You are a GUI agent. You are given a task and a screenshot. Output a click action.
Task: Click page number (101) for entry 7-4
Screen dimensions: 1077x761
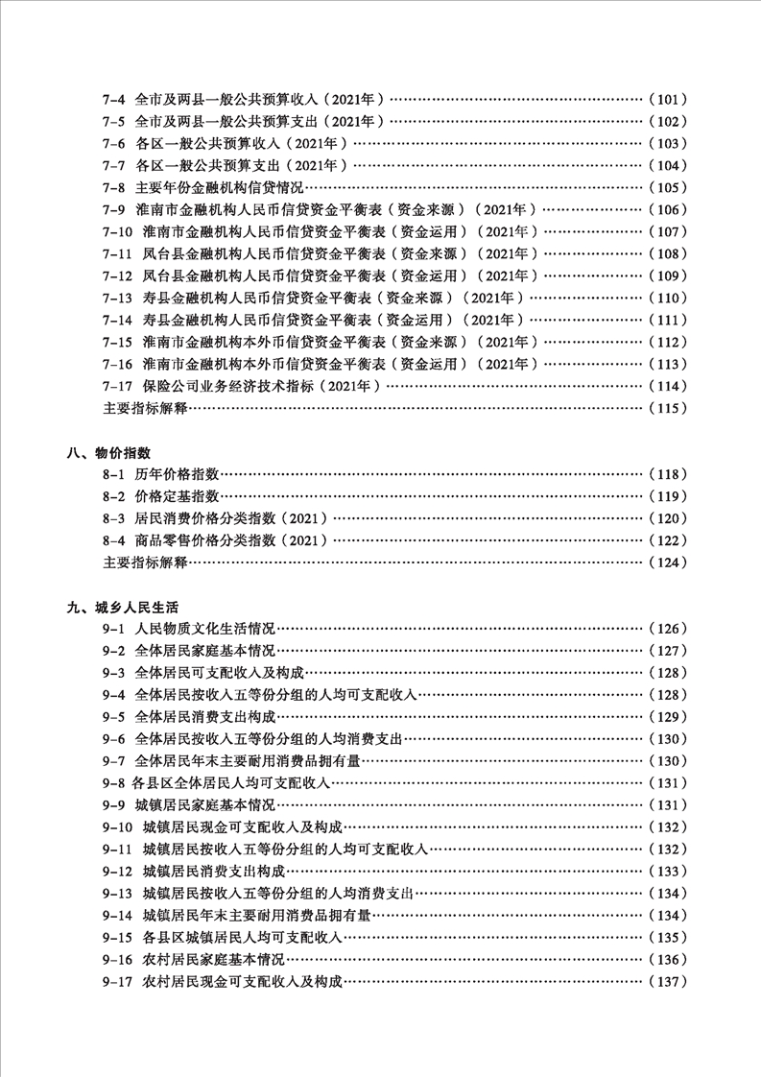pyautogui.click(x=668, y=99)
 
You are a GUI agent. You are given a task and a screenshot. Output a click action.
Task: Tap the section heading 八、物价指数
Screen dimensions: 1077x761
pyautogui.click(x=108, y=452)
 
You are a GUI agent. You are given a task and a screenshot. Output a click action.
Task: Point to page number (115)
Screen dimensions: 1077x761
pyautogui.click(x=668, y=408)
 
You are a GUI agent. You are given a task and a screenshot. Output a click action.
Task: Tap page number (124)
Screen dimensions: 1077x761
pyautogui.click(x=668, y=562)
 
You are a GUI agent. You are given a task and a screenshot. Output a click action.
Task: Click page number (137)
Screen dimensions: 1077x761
pyautogui.click(x=668, y=982)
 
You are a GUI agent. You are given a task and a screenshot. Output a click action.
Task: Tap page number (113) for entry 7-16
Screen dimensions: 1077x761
pyautogui.click(x=668, y=364)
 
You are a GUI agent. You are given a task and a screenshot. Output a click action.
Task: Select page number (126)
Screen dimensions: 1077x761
pyautogui.click(x=668, y=629)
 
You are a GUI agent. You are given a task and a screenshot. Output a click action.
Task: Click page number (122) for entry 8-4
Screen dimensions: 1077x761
pyautogui.click(x=668, y=540)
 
